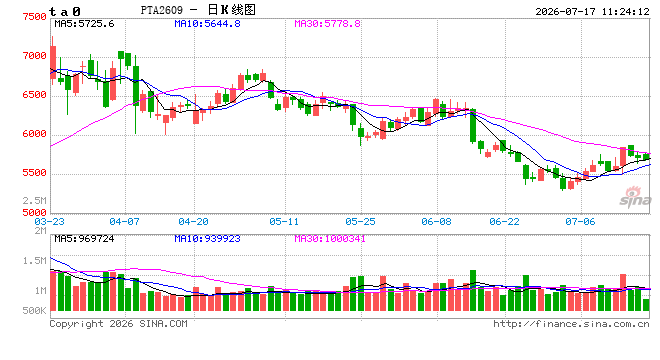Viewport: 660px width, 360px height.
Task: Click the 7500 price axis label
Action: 35,17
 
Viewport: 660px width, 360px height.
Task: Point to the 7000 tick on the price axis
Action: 35,56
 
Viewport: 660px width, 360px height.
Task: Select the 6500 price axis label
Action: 35,95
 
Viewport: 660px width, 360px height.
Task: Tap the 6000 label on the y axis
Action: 35,134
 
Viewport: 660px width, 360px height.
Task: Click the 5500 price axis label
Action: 35,173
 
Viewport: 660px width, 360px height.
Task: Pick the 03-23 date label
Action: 50,221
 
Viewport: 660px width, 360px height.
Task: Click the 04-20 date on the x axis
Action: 193,221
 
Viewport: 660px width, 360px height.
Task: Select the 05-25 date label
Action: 360,221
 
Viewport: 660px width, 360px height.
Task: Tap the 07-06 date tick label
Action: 580,221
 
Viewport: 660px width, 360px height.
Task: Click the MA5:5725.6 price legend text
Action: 84,24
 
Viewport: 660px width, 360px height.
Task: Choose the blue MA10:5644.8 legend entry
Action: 208,24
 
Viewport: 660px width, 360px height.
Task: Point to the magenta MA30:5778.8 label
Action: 327,24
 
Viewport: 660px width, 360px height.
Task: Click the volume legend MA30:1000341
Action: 330,239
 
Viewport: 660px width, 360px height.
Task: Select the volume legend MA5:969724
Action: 84,239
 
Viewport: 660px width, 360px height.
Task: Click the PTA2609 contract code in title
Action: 162,10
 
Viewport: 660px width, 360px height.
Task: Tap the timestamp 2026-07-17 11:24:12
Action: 593,12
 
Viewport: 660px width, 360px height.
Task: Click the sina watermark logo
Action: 635,197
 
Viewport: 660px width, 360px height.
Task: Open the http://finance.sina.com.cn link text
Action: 571,324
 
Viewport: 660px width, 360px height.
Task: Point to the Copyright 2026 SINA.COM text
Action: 119,324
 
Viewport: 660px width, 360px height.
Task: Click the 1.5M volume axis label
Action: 35,261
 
